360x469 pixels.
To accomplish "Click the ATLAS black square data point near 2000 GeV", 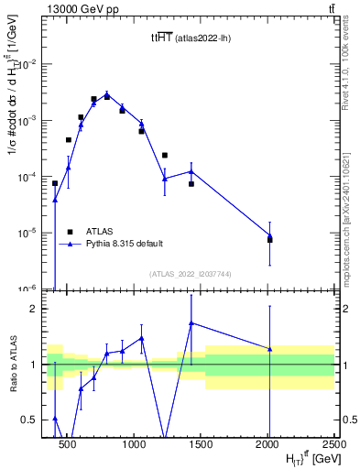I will [270, 240].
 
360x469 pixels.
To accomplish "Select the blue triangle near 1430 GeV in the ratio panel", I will [191, 322].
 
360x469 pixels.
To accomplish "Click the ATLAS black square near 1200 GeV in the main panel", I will [165, 155].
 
